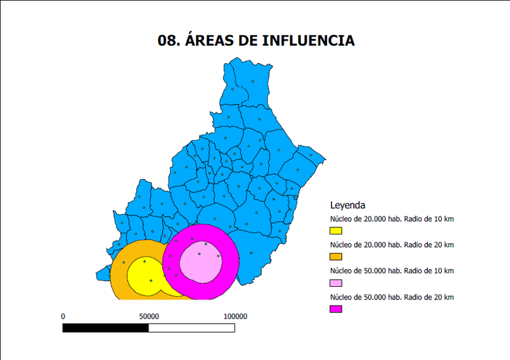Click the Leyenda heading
pyautogui.click(x=347, y=206)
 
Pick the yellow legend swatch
pyautogui.click(x=336, y=231)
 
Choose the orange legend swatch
pyautogui.click(x=336, y=257)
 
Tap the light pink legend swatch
pyautogui.click(x=336, y=283)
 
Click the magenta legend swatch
pyautogui.click(x=336, y=309)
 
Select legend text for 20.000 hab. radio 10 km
pyautogui.click(x=391, y=219)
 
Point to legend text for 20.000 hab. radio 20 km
pyautogui.click(x=391, y=245)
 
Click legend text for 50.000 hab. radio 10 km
pyautogui.click(x=391, y=271)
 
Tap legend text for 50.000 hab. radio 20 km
pyautogui.click(x=391, y=298)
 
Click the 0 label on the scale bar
pyautogui.click(x=62, y=316)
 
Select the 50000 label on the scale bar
pyautogui.click(x=149, y=316)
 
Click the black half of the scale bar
pyautogui.click(x=105, y=328)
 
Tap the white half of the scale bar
pyautogui.click(x=191, y=328)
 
